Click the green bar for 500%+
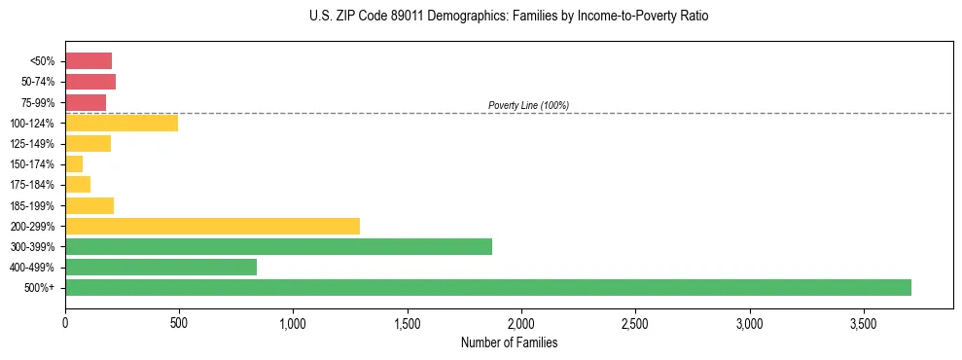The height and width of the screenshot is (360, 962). pyautogui.click(x=488, y=287)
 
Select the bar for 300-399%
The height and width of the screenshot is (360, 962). pyautogui.click(x=278, y=246)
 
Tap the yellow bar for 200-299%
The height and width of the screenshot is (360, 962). pyautogui.click(x=212, y=226)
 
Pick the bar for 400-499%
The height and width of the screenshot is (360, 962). pyautogui.click(x=160, y=267)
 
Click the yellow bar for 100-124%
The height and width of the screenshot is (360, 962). pyautogui.click(x=122, y=123)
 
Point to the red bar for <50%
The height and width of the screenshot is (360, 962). pyautogui.click(x=89, y=60)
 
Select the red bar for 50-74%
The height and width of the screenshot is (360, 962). pyautogui.click(x=90, y=82)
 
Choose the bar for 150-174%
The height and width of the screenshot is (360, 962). pyautogui.click(x=74, y=163)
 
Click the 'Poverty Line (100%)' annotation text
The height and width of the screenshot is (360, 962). pyautogui.click(x=528, y=105)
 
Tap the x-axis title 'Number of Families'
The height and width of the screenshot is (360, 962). pyautogui.click(x=509, y=342)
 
